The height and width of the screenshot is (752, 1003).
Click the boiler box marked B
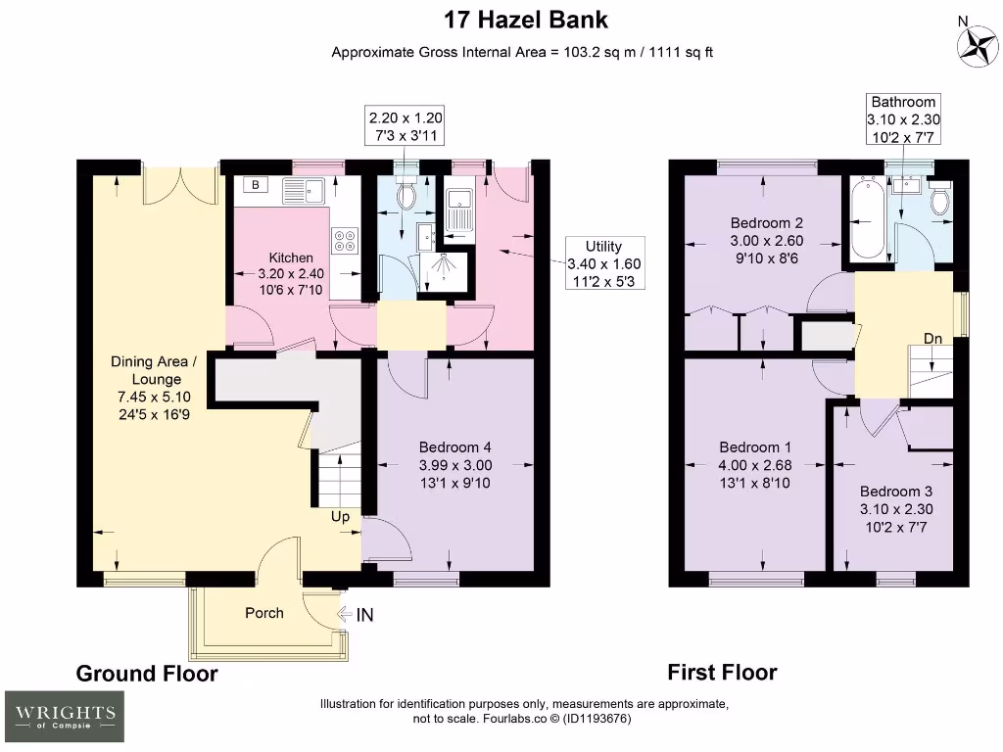256,185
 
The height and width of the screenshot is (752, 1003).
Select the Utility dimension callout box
603,264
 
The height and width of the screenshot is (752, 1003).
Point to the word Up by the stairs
341,516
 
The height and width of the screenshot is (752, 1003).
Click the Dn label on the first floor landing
933,339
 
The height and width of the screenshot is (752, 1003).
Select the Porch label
263,613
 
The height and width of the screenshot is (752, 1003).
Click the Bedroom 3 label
889,492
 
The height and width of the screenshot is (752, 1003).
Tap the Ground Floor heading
147,674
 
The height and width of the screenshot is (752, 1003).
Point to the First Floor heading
722,672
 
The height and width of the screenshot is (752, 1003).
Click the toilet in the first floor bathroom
940,201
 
